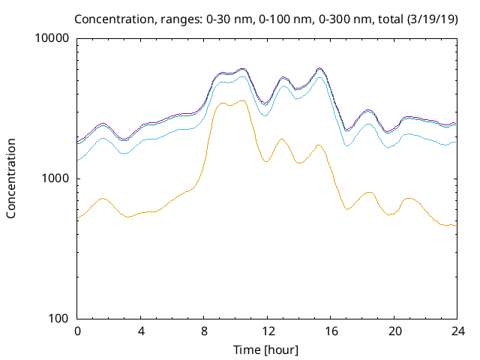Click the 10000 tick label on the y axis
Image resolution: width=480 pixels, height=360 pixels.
[52, 39]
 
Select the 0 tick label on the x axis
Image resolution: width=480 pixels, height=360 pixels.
[77, 331]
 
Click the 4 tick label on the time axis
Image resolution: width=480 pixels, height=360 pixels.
[141, 331]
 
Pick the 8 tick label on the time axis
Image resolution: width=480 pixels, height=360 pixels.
[204, 331]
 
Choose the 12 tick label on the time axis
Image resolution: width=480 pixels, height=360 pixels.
[268, 331]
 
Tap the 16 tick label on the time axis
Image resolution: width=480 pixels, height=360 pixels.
[331, 331]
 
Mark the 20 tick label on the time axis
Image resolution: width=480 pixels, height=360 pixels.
[394, 331]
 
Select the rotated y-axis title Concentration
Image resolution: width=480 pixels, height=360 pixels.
[11, 178]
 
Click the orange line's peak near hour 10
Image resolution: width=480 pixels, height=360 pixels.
[241, 100]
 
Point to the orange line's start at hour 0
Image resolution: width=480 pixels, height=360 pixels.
[78, 217]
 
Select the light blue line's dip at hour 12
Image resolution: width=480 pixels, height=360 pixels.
[266, 115]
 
